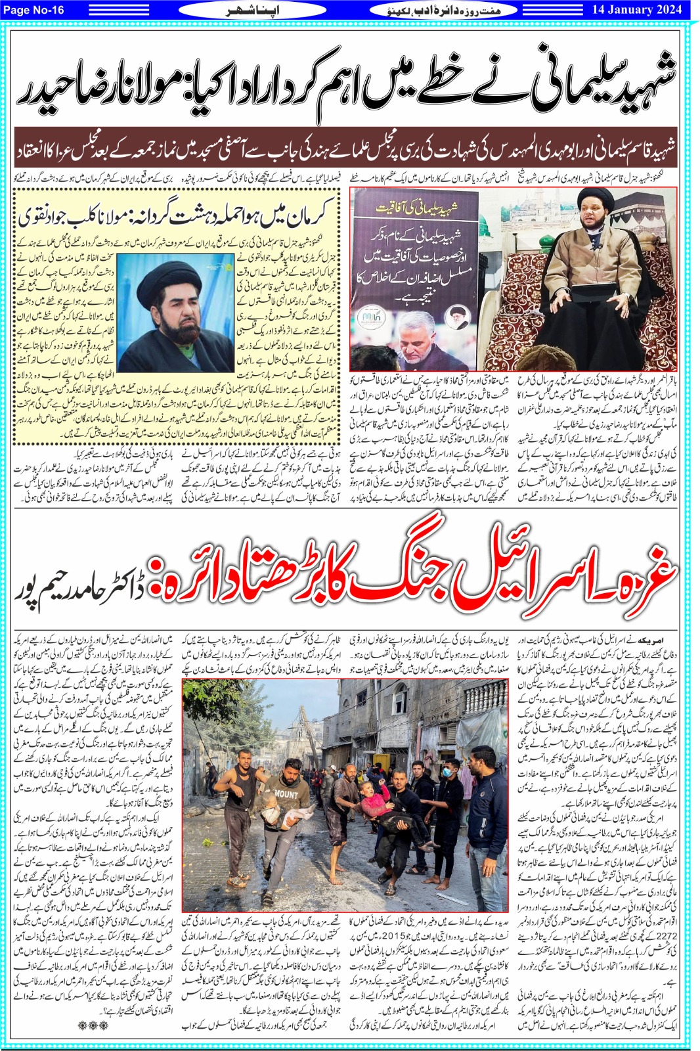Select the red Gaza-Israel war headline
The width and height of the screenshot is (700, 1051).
click(407, 577)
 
